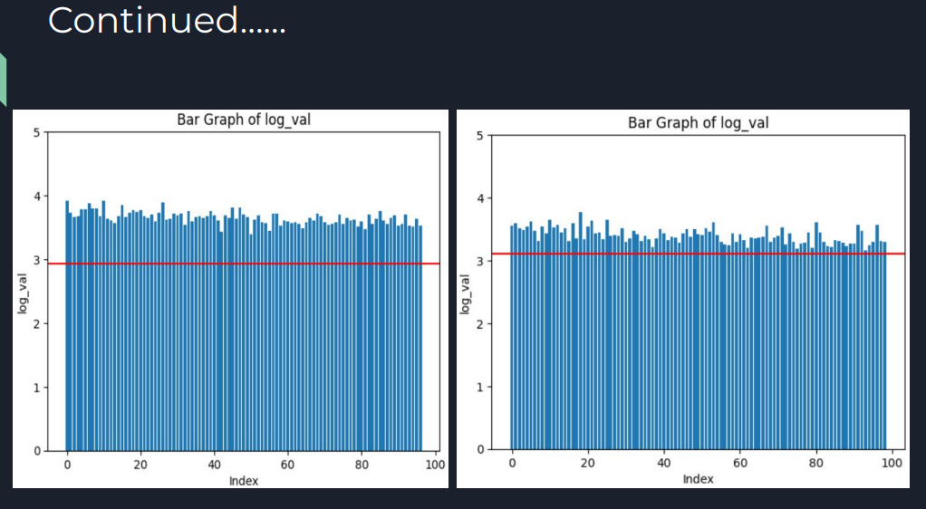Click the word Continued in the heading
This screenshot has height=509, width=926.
(142, 20)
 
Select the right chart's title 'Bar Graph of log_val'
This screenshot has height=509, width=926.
(698, 122)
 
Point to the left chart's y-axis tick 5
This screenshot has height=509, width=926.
(37, 133)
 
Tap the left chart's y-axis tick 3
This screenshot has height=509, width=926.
(37, 260)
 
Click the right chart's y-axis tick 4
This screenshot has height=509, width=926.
(483, 198)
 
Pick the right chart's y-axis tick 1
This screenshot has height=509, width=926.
(483, 387)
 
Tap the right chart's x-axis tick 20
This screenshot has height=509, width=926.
(588, 464)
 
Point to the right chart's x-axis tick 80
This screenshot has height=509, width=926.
(816, 464)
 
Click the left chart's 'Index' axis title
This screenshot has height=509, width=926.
(243, 481)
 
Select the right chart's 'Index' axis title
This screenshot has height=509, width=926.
(698, 478)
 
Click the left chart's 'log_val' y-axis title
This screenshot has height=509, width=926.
(22, 291)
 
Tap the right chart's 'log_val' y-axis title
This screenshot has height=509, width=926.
(466, 293)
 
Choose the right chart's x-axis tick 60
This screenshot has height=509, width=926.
(740, 464)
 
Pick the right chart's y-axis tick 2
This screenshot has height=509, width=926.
(483, 324)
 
